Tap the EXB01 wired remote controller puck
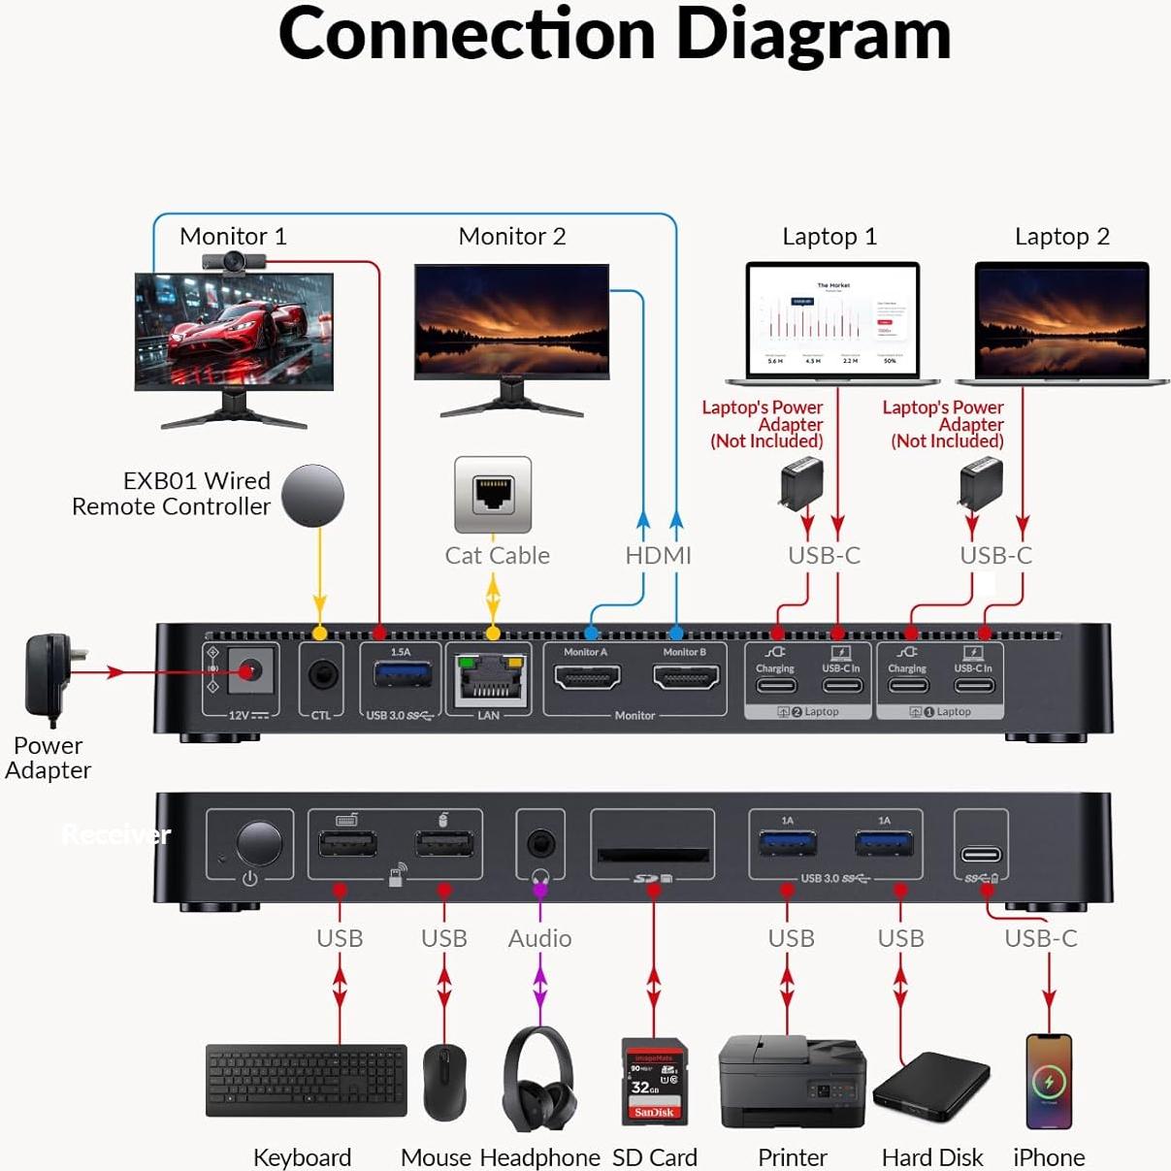(x=312, y=496)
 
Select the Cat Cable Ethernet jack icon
(x=493, y=494)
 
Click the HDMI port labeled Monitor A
(x=587, y=676)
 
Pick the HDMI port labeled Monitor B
(x=686, y=676)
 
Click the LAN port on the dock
(x=491, y=680)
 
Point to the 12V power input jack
(x=251, y=671)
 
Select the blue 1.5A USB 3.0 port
(x=401, y=674)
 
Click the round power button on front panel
(x=258, y=843)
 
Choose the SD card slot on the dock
(x=653, y=855)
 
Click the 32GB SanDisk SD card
(x=655, y=1081)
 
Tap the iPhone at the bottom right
(x=1049, y=1081)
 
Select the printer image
(x=792, y=1081)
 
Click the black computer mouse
(x=445, y=1083)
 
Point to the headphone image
(x=539, y=1078)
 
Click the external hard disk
(x=931, y=1086)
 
